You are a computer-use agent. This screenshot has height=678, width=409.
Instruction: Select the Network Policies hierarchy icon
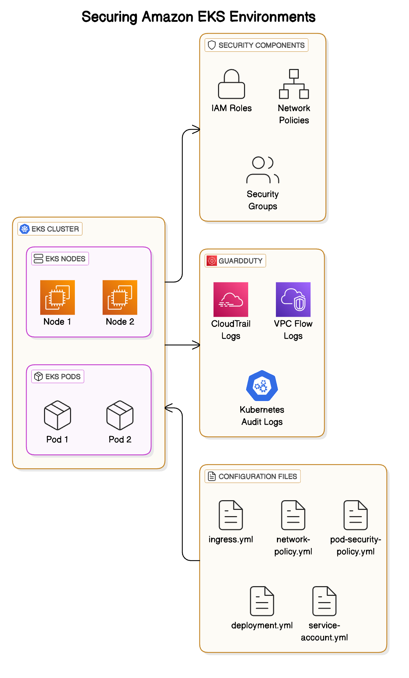pyautogui.click(x=294, y=84)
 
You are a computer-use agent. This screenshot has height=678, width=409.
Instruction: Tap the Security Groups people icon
pyautogui.click(x=262, y=170)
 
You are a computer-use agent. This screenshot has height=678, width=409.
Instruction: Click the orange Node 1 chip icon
pyautogui.click(x=58, y=297)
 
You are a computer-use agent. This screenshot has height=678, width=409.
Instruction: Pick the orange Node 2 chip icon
pyautogui.click(x=120, y=297)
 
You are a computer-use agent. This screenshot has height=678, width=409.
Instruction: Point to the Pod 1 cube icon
pyautogui.click(x=58, y=415)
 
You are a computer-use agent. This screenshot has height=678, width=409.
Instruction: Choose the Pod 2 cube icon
pyautogui.click(x=120, y=415)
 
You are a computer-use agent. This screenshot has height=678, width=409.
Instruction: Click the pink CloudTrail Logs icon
pyautogui.click(x=231, y=299)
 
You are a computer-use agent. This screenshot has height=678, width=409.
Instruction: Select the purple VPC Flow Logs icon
pyautogui.click(x=293, y=299)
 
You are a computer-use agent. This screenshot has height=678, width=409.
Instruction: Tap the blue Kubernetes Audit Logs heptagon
pyautogui.click(x=262, y=386)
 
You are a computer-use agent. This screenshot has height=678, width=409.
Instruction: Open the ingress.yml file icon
pyautogui.click(x=231, y=515)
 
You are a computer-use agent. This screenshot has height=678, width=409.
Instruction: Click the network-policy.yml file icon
pyautogui.click(x=293, y=515)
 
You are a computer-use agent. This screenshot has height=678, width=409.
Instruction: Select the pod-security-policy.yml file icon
pyautogui.click(x=356, y=515)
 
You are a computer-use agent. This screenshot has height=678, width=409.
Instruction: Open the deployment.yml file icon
pyautogui.click(x=262, y=601)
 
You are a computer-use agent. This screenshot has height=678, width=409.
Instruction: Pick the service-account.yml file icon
pyautogui.click(x=324, y=601)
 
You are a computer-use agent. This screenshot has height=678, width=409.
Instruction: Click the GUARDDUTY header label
pyautogui.click(x=240, y=261)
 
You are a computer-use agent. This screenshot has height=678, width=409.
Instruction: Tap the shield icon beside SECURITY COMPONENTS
pyautogui.click(x=212, y=45)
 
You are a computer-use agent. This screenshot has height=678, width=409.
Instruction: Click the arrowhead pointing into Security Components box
pyautogui.click(x=197, y=130)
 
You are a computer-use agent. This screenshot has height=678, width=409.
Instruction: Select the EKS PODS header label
pyautogui.click(x=63, y=377)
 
